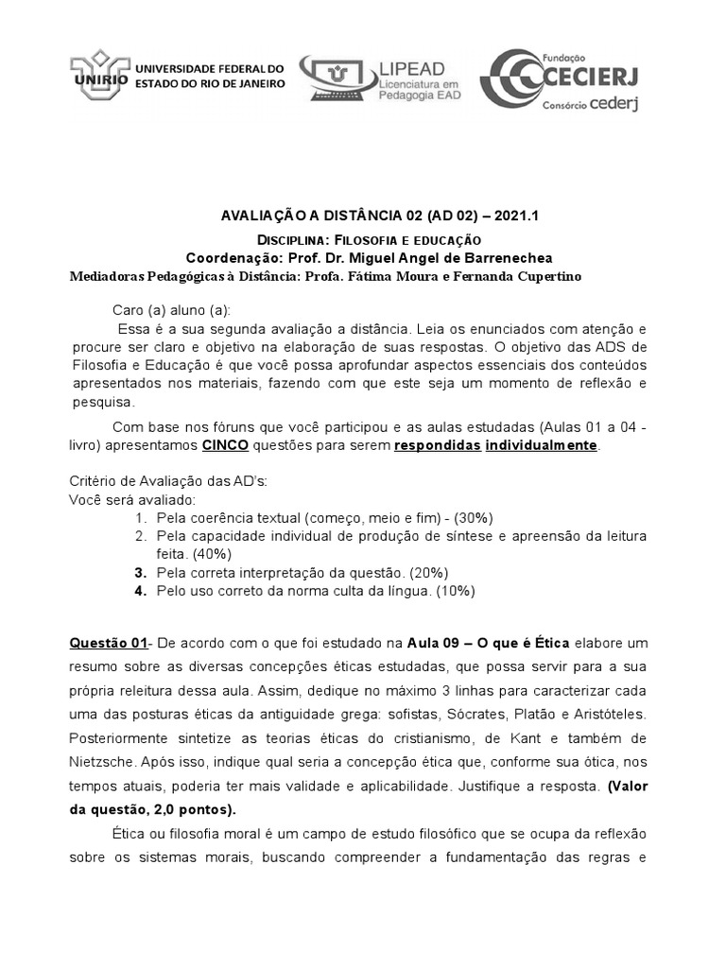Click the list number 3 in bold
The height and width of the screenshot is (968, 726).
tap(139, 573)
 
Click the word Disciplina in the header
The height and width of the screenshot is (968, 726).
tap(292, 241)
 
